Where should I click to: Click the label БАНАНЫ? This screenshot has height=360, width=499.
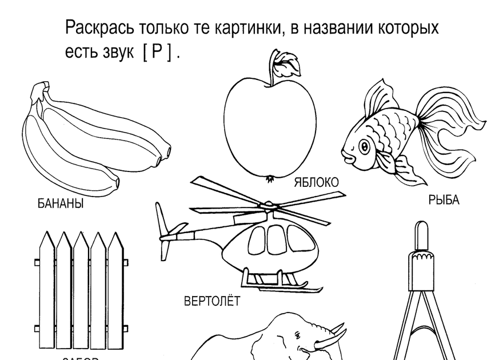(61, 203)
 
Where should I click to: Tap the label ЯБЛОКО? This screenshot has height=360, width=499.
(316, 182)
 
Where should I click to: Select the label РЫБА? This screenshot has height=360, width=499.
(444, 200)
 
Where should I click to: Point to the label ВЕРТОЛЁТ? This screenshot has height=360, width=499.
(212, 301)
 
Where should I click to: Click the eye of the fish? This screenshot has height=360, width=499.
(364, 147)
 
